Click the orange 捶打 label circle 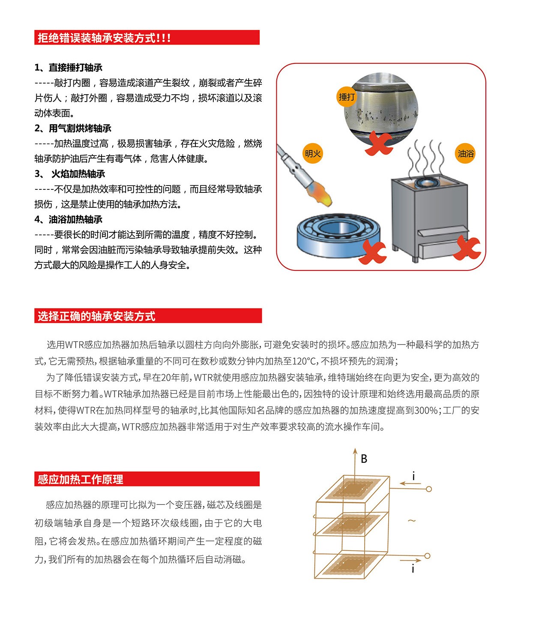click(346, 97)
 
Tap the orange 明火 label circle click(312, 153)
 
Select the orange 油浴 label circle click(465, 153)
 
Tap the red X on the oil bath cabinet click(467, 248)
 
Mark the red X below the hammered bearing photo click(379, 144)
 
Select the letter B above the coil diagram click(364, 459)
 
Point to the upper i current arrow click(410, 483)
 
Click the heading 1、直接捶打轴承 click(69, 67)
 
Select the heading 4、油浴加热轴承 click(69, 219)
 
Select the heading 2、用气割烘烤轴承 click(73, 128)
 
